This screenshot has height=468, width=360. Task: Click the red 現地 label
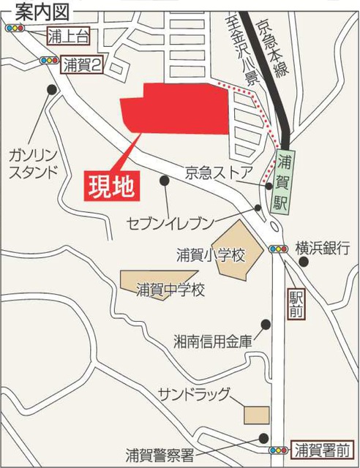(111, 186)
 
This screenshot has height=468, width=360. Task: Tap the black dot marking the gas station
(51, 89)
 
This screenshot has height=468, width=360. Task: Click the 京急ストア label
(220, 172)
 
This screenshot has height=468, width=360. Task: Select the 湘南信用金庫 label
(213, 341)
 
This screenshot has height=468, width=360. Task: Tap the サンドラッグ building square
(256, 410)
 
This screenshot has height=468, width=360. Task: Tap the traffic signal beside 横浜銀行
(277, 248)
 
